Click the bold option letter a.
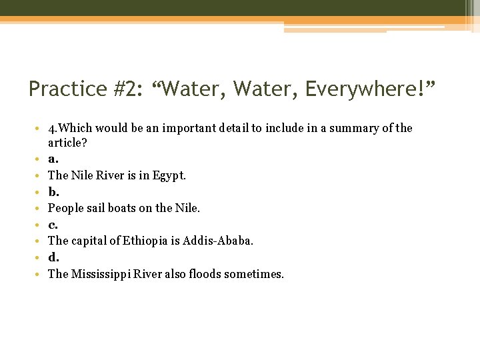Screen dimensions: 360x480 pyautogui.click(x=53, y=159)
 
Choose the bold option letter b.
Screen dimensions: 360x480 pyautogui.click(x=53, y=192)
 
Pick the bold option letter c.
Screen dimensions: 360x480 pyautogui.click(x=53, y=225)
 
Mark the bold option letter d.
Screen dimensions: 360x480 pyautogui.click(x=53, y=257)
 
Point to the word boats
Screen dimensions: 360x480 pyautogui.click(x=118, y=209)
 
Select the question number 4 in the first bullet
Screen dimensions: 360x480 pyautogui.click(x=51, y=128)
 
